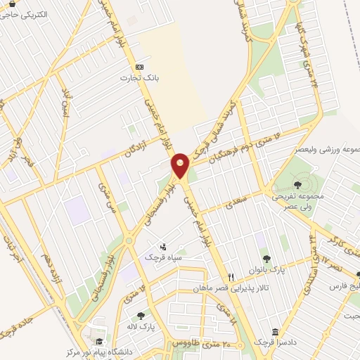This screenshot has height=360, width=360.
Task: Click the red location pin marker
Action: point(181,166)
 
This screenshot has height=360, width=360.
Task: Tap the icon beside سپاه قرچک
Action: point(164,247)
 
